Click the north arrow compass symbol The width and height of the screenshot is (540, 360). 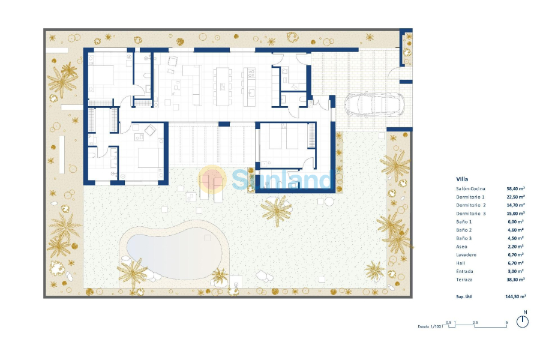tap(523, 320)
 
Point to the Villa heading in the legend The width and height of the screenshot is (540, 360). tap(462, 179)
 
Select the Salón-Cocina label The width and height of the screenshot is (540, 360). tap(470, 189)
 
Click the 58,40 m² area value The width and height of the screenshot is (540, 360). tap(515, 189)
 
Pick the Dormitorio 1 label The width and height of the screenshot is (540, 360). tap(470, 197)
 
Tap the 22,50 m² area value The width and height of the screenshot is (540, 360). tap(515, 197)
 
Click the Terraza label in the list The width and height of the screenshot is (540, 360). tap(464, 280)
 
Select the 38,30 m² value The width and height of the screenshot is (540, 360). tap(515, 280)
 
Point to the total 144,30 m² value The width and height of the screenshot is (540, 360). tap(515, 296)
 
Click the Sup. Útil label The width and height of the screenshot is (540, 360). tap(464, 296)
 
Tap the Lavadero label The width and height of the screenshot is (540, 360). tap(466, 255)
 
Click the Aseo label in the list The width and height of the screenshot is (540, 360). tap(461, 247)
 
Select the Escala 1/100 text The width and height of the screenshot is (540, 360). tap(429, 326)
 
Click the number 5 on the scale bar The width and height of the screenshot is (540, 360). tap(506, 323)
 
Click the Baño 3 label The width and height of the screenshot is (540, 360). tap(464, 238)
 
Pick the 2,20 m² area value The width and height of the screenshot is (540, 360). tap(515, 247)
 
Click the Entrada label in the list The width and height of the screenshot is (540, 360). tap(464, 271)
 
